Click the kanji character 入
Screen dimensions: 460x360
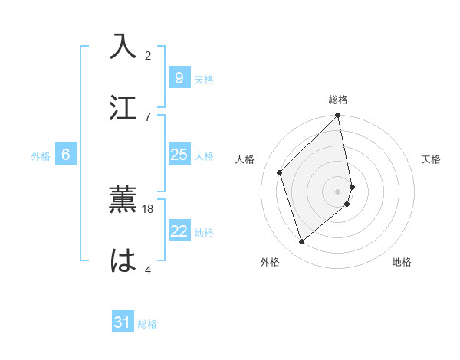click(x=123, y=46)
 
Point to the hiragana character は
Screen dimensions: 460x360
click(x=123, y=260)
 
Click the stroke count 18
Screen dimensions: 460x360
click(x=148, y=208)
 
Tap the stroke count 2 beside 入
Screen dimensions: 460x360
click(x=148, y=55)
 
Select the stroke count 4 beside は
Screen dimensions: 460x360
click(x=148, y=270)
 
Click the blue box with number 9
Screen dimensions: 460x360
click(x=179, y=77)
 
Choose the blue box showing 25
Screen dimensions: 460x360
click(x=179, y=155)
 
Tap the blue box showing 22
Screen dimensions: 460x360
click(x=179, y=232)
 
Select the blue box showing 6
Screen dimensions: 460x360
click(x=66, y=155)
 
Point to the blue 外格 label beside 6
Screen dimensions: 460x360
click(x=41, y=156)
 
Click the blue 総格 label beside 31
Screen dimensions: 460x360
click(x=147, y=324)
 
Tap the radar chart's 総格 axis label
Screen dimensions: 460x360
click(x=338, y=100)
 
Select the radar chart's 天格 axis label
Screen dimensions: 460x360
click(x=431, y=159)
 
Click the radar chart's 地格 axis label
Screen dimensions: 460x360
click(x=402, y=262)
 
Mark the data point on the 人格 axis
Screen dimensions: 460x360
click(x=280, y=172)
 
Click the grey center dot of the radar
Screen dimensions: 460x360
click(x=338, y=191)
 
